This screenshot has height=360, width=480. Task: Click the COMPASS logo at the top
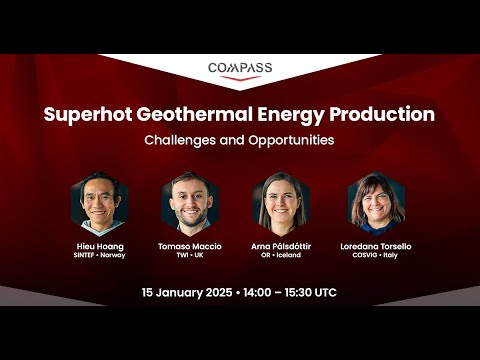click(x=240, y=70)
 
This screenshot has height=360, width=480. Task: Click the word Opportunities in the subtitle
click(x=289, y=140)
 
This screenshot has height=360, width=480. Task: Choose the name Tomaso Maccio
click(x=190, y=246)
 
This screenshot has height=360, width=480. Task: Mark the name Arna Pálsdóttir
click(x=282, y=246)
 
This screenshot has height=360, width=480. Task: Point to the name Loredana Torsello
click(x=376, y=246)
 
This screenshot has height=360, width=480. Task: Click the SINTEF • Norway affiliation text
click(x=99, y=256)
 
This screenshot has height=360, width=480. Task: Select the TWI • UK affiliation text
click(x=190, y=256)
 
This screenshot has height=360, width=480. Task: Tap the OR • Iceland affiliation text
click(x=282, y=256)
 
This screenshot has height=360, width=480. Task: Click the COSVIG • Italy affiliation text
click(x=376, y=256)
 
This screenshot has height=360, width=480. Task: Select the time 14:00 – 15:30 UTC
click(x=289, y=293)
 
